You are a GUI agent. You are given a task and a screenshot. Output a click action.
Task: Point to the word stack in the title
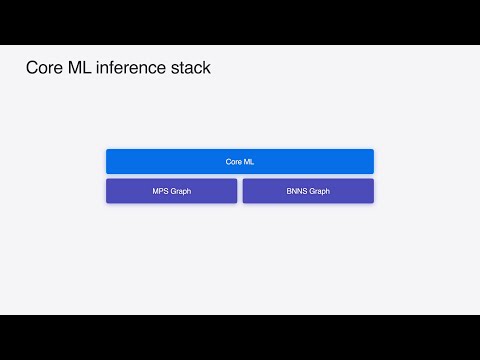(190, 69)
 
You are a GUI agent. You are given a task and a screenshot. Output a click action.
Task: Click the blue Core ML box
(240, 161)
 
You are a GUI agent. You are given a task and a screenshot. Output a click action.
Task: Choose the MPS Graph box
(171, 191)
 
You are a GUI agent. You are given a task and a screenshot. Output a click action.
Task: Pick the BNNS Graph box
(308, 191)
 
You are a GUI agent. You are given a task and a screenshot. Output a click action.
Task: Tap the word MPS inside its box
(160, 191)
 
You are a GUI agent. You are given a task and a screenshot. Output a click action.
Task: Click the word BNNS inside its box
(296, 191)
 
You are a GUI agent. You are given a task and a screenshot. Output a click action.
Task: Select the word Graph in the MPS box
(180, 191)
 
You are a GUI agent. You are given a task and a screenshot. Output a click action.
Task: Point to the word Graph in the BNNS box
(319, 191)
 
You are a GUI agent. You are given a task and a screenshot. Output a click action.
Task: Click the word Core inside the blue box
(234, 161)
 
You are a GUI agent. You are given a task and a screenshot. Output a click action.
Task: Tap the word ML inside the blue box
(248, 161)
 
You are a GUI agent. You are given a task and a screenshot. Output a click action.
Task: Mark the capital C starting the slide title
(31, 69)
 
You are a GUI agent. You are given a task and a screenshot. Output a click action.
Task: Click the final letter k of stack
(207, 69)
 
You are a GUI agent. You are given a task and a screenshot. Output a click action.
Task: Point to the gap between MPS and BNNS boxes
(240, 191)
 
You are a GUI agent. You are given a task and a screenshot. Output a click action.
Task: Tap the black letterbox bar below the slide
(240, 337)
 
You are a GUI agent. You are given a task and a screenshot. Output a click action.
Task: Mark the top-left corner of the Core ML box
(107, 150)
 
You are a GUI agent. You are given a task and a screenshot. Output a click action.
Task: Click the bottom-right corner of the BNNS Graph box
(373, 203)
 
